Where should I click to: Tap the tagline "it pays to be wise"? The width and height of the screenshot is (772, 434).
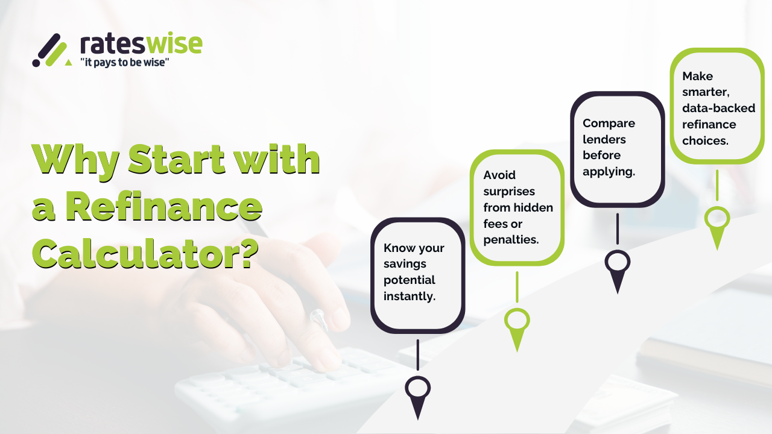pos(124,62)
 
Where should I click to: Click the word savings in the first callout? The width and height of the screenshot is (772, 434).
pos(404,264)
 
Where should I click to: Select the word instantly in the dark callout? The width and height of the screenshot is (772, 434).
pos(410,296)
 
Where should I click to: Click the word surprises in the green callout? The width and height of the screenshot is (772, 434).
pos(509,191)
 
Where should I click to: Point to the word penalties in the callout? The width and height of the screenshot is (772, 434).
pos(511,239)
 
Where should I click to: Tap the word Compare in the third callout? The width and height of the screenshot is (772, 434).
pos(609,123)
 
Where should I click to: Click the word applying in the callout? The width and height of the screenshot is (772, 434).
pos(609,171)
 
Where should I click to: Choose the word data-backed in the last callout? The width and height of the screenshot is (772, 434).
pos(718,108)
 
